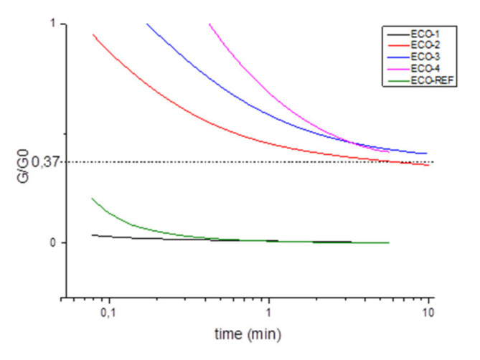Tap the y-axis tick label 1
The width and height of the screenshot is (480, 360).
53,24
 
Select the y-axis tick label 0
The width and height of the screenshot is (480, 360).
53,242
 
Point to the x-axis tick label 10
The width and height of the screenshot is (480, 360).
428,313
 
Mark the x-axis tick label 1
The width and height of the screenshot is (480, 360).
269,313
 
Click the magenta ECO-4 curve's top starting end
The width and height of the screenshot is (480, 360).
209,24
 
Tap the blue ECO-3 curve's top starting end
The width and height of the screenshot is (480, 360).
146,24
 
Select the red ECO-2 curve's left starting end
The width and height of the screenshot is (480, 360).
93,34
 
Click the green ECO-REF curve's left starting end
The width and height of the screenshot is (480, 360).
93,198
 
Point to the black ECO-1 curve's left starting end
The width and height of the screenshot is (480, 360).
93,235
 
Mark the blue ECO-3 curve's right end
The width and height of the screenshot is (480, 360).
427,153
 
